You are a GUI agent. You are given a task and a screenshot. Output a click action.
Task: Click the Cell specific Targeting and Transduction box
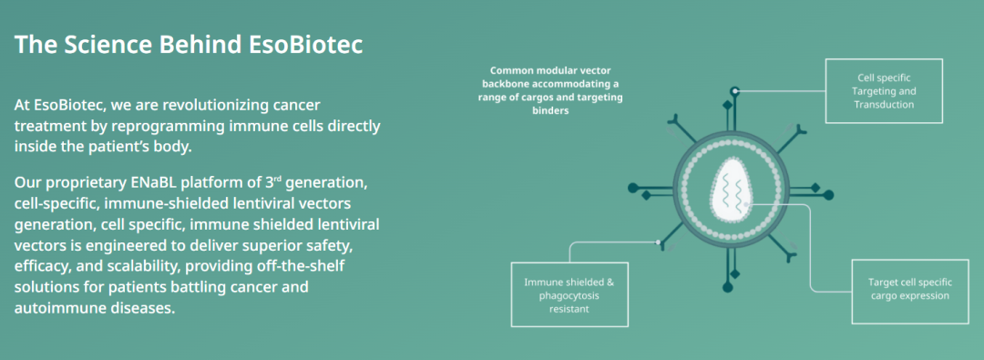[x=884, y=90]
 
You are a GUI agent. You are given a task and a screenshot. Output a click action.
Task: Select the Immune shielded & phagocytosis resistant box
[x=569, y=293]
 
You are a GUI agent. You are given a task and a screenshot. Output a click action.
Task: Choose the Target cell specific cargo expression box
[x=909, y=290]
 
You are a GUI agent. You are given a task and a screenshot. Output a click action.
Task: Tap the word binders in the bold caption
[x=551, y=110]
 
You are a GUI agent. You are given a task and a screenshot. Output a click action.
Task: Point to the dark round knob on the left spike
[x=632, y=187]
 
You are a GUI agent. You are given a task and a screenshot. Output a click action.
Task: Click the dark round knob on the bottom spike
[x=727, y=287]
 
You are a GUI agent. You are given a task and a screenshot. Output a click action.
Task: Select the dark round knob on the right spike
[x=828, y=195]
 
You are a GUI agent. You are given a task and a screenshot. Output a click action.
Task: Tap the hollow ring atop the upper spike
[x=735, y=91]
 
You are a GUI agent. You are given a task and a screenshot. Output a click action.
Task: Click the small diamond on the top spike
[x=727, y=104]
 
